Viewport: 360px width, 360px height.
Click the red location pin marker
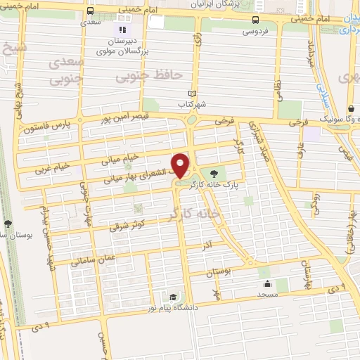(x=181, y=165)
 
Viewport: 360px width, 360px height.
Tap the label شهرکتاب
(x=191, y=104)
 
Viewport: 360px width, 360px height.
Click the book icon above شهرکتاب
(x=192, y=93)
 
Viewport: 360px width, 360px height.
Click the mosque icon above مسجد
(x=267, y=284)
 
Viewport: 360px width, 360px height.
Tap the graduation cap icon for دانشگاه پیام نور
(x=172, y=297)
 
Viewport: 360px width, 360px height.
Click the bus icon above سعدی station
(x=90, y=11)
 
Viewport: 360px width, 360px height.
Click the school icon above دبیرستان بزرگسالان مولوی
(x=122, y=30)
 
